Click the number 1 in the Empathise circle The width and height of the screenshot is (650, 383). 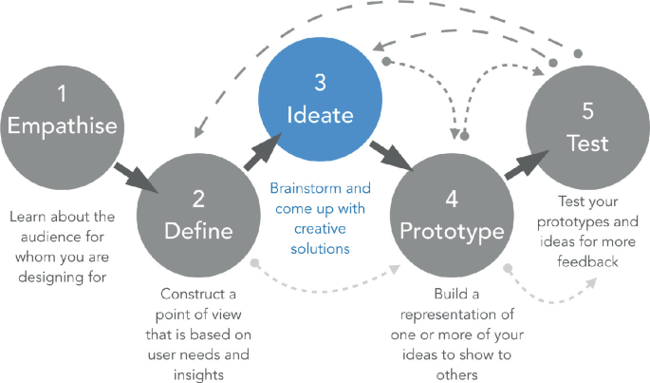(62, 95)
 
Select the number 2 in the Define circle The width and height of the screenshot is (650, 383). (198, 199)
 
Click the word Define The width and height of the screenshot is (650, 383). (198, 229)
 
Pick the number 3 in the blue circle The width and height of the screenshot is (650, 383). (321, 84)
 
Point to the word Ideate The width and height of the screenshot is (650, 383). (321, 115)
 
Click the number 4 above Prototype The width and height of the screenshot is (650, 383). (453, 200)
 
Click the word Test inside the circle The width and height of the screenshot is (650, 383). (587, 144)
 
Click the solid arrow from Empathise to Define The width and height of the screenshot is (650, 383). (132, 178)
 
